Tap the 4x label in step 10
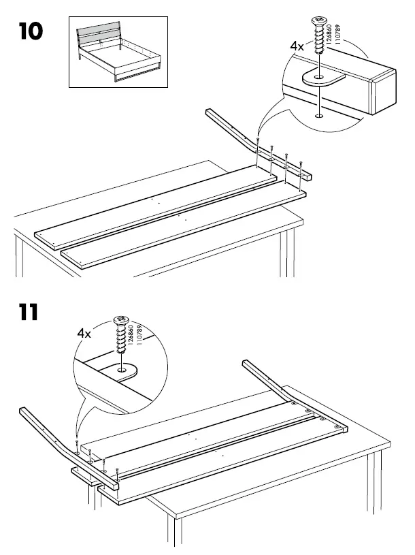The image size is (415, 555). pos(297,46)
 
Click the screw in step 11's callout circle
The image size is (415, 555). pos(123,334)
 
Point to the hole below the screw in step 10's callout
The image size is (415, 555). pos(318,116)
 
